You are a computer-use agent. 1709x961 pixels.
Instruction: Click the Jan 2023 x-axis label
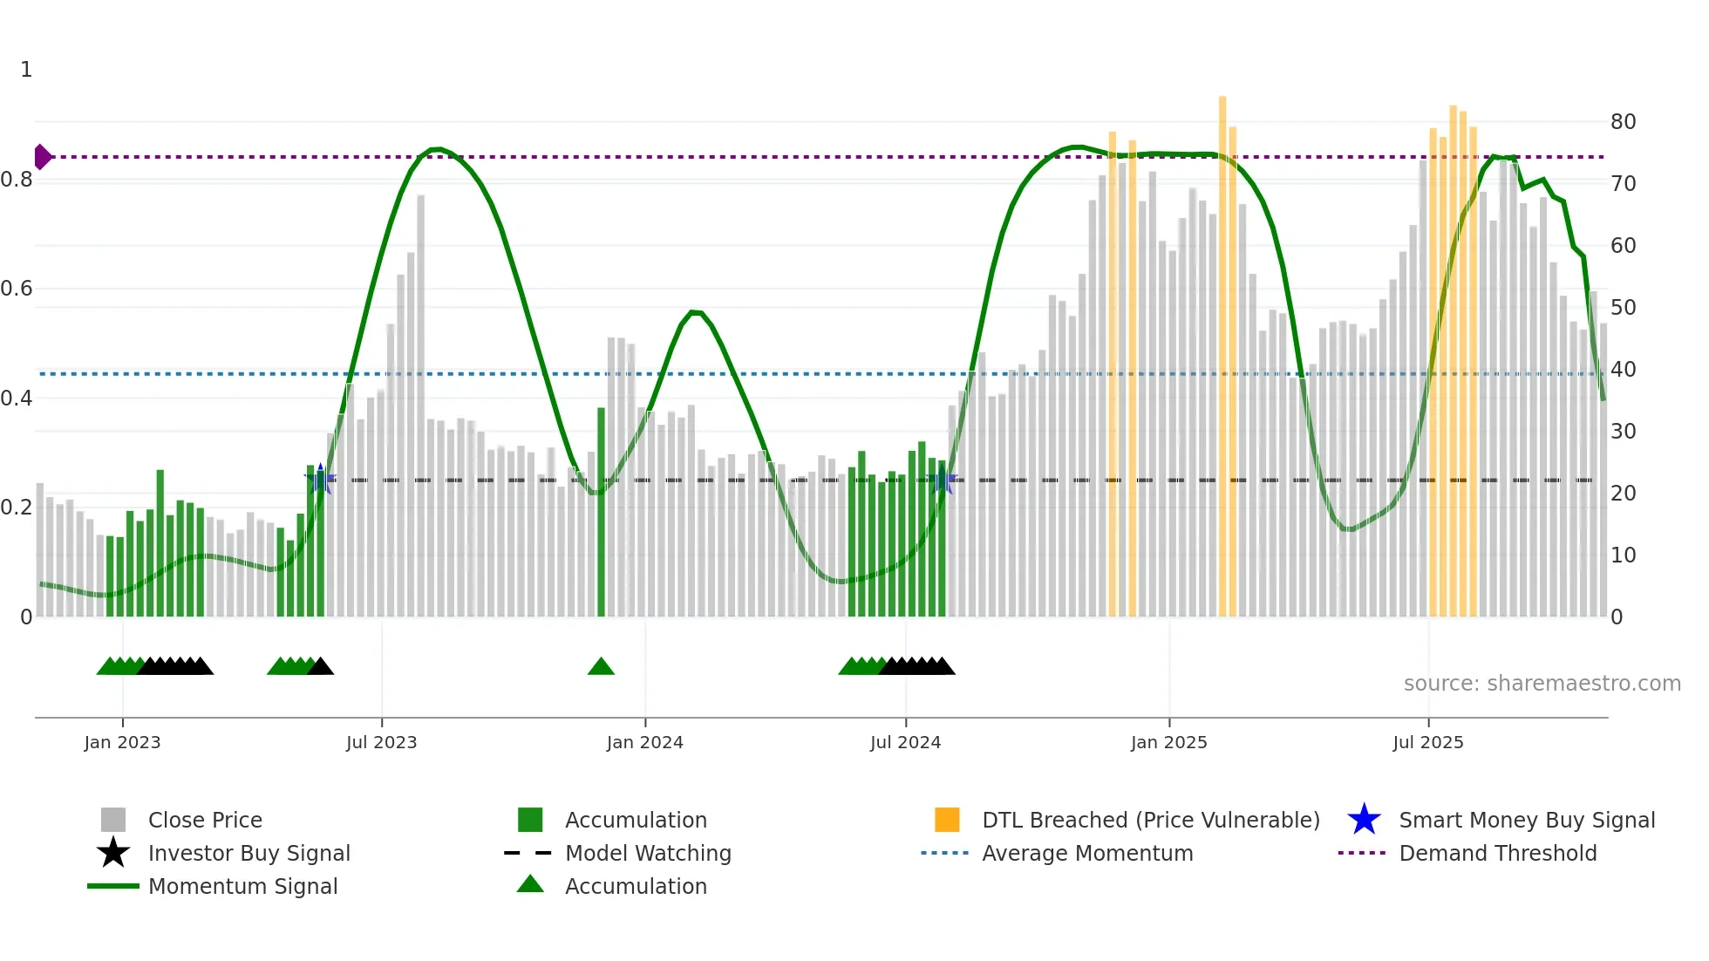pos(122,742)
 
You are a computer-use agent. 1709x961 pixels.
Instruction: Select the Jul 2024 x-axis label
pos(905,742)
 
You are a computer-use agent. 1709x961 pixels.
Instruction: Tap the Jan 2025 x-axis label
pos(1168,742)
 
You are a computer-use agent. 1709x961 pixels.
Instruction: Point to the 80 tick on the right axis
pos(1623,122)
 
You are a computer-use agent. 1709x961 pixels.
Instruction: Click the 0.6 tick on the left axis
pos(17,289)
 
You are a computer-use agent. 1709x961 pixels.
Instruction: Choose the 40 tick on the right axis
pos(1623,370)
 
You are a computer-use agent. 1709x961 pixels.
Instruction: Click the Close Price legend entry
pos(204,820)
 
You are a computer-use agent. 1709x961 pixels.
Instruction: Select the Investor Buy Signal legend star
pos(113,853)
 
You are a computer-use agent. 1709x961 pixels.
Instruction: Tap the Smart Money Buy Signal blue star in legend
pos(1364,820)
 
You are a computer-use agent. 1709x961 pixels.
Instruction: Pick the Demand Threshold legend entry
pos(1497,853)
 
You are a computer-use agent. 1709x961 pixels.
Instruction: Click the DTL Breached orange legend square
pos(947,820)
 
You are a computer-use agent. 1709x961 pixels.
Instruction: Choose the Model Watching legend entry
pos(647,853)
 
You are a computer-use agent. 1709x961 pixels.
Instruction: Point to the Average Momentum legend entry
pos(1086,853)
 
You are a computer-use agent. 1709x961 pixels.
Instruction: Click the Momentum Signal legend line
pos(113,886)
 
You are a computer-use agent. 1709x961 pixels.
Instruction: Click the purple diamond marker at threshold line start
pos(42,157)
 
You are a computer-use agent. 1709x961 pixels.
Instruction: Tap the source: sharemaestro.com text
pos(1542,684)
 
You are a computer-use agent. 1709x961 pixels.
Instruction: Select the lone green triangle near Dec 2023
pos(601,667)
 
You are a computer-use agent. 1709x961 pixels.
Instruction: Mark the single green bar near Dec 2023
pos(601,515)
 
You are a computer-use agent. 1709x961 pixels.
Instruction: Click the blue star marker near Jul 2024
pos(943,480)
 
